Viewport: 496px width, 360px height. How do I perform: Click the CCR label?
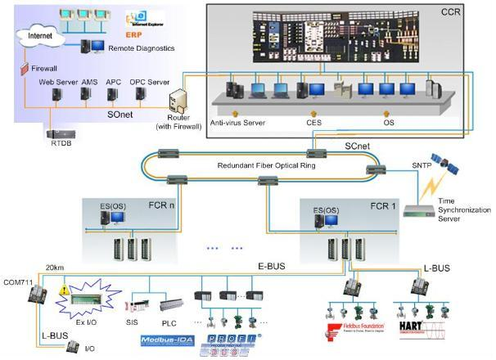coord(475,12)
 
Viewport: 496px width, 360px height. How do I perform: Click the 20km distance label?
coord(55,267)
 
